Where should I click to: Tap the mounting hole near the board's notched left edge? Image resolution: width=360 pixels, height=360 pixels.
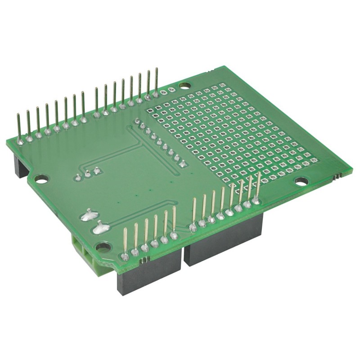coord(41,179)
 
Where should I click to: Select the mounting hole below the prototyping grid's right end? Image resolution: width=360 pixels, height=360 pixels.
coord(301,181)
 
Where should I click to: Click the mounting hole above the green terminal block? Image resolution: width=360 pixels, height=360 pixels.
coord(103,247)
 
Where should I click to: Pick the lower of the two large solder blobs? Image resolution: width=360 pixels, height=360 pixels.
coord(99,228)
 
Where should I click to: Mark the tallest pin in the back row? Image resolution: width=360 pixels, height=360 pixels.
coord(156,81)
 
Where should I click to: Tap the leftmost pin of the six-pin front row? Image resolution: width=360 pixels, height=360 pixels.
coord(125,243)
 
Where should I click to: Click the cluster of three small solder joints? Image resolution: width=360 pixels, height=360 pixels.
coord(87,173)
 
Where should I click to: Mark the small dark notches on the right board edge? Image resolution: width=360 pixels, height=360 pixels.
coord(336,177)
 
